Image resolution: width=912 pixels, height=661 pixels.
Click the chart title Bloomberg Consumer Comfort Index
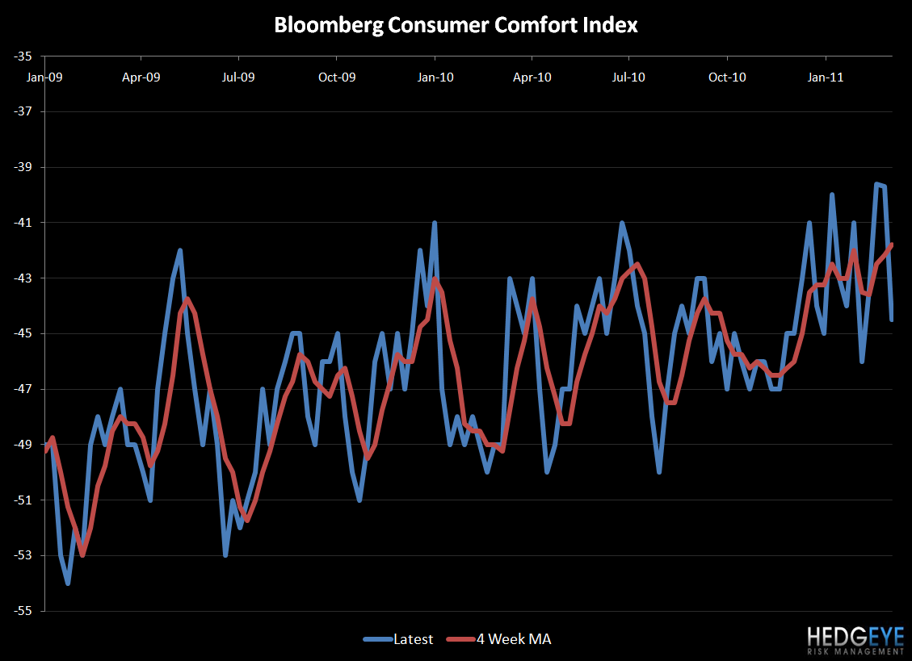click(x=456, y=25)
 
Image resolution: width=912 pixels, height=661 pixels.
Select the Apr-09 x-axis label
click(x=141, y=77)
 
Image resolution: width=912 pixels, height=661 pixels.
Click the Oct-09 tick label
click(x=337, y=77)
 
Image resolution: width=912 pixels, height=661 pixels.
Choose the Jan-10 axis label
click(x=435, y=77)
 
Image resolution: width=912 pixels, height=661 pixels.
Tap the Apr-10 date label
click(x=532, y=77)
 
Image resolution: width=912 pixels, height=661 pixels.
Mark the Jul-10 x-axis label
click(x=628, y=77)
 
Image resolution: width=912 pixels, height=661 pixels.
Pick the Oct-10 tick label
click(x=727, y=77)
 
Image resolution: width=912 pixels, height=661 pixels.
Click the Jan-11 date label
click(x=826, y=77)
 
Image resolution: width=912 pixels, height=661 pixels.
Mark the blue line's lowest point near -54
click(x=68, y=584)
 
